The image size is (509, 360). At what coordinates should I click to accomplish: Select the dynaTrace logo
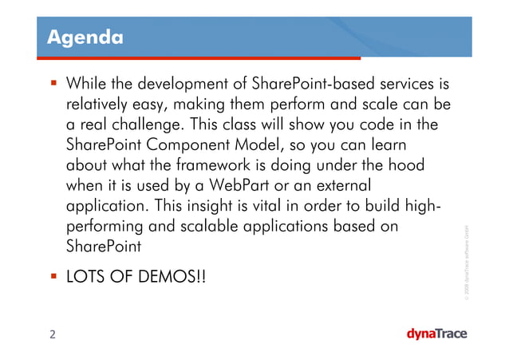[x=436, y=334]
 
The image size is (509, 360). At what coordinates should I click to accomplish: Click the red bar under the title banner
[x=199, y=58]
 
